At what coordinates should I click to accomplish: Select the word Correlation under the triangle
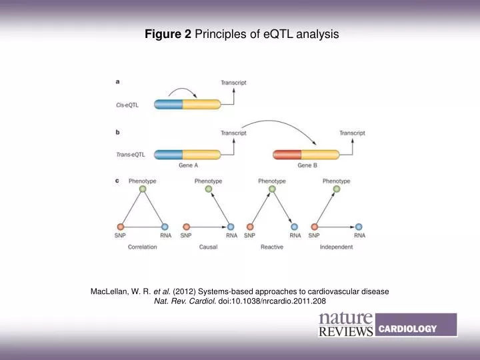pyautogui.click(x=142, y=247)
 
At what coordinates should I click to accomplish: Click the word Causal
pyautogui.click(x=208, y=247)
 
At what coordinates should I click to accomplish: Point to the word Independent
pyautogui.click(x=336, y=247)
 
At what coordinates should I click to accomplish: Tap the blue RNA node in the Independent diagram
pyautogui.click(x=359, y=227)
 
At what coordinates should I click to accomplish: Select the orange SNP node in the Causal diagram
pyautogui.click(x=186, y=227)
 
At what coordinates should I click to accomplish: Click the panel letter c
pyautogui.click(x=118, y=180)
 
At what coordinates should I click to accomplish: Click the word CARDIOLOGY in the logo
pyautogui.click(x=407, y=328)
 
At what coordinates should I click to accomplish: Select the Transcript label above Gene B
pyautogui.click(x=352, y=133)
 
